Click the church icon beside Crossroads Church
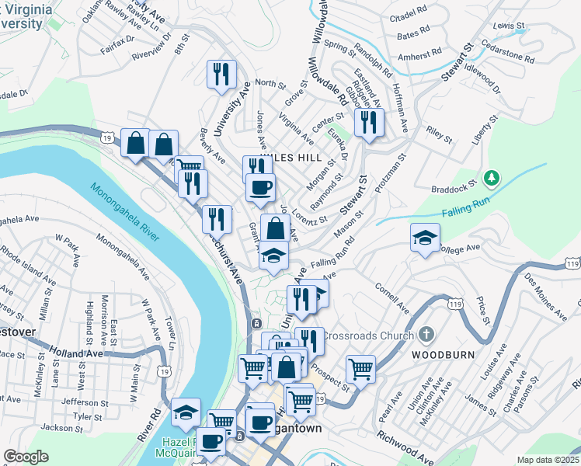(x=425, y=335)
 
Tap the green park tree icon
(x=490, y=179)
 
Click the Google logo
(x=26, y=457)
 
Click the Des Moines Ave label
(x=544, y=297)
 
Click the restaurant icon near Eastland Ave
(x=368, y=122)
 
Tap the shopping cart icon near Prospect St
(x=360, y=368)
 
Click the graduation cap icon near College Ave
(x=425, y=238)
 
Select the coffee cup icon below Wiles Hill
(x=261, y=187)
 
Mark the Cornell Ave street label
(x=392, y=297)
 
